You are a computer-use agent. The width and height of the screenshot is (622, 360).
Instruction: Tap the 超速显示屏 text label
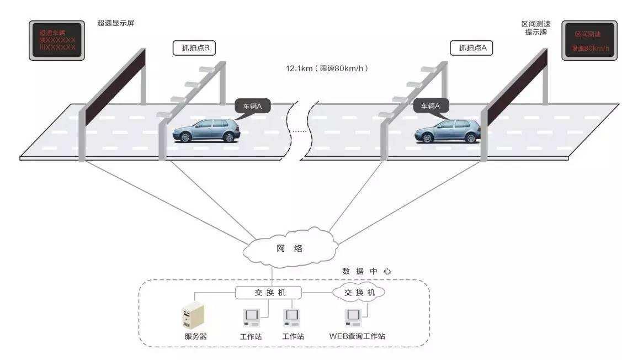pyautogui.click(x=115, y=23)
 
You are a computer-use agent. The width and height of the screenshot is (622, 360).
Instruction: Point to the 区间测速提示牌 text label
pyautogui.click(x=535, y=28)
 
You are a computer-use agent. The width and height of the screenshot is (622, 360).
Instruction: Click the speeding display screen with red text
pyautogui.click(x=57, y=40)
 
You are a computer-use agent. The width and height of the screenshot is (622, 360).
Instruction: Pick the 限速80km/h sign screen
pyautogui.click(x=589, y=40)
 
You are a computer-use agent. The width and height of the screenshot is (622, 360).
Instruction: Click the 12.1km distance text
pyautogui.click(x=326, y=68)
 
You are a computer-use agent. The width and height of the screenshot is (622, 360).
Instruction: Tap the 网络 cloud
pyautogui.click(x=289, y=248)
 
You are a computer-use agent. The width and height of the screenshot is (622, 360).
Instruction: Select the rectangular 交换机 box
pyautogui.click(x=268, y=292)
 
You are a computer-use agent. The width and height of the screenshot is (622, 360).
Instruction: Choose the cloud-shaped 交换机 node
pyautogui.click(x=359, y=292)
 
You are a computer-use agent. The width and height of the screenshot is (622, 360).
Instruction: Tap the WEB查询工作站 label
pyautogui.click(x=357, y=336)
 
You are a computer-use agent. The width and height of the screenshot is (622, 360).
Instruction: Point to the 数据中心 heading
pyautogui.click(x=366, y=271)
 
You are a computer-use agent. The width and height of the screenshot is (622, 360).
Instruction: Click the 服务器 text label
pyautogui.click(x=195, y=336)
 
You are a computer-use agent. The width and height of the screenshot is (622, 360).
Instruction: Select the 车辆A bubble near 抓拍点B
pyautogui.click(x=252, y=105)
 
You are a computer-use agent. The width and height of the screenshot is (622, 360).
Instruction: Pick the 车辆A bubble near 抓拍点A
pyautogui.click(x=430, y=105)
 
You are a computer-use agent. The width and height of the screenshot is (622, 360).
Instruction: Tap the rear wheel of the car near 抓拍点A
pyautogui.click(x=471, y=137)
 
